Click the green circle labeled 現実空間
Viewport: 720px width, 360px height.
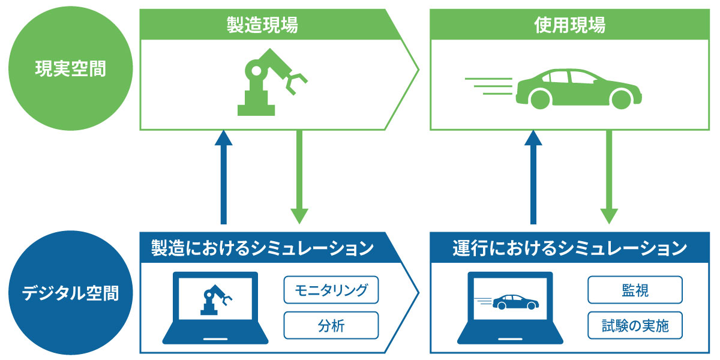point(70,70)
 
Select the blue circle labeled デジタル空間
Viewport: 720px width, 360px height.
point(70,293)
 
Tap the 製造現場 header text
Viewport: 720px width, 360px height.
point(262,25)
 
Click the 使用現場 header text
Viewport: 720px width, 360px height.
point(569,25)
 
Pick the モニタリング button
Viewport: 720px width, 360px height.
point(331,290)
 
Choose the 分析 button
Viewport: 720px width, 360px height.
point(331,326)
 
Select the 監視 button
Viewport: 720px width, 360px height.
point(635,290)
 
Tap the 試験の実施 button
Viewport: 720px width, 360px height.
point(635,326)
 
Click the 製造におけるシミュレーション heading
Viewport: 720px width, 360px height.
point(263,248)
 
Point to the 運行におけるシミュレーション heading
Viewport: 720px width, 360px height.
point(569,248)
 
